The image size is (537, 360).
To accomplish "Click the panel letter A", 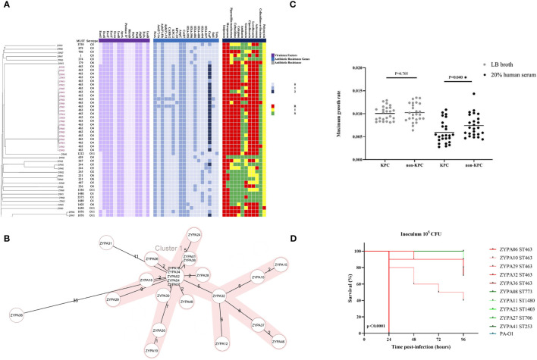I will pos(6,5).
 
